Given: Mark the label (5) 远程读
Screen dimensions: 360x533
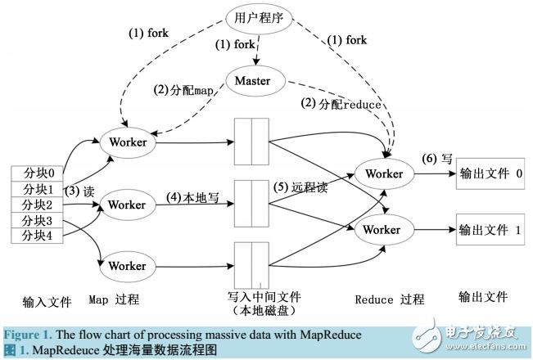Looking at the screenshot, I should point(300,187).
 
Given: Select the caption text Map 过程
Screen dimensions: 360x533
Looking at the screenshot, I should point(122,299).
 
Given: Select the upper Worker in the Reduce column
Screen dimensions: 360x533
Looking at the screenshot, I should point(383,174).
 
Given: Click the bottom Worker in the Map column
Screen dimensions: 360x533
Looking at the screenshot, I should point(127,266).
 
